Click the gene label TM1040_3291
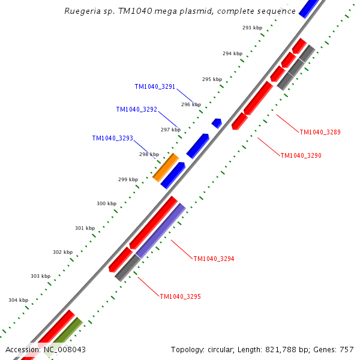point(155,86)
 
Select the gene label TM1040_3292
point(136,109)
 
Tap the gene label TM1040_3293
point(112,138)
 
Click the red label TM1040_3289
point(320,132)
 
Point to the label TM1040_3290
point(301,155)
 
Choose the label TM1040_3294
point(214,259)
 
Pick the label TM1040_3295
point(180,296)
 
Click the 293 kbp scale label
point(252,28)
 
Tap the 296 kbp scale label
point(191,104)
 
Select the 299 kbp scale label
point(128,179)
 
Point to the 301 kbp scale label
point(85,228)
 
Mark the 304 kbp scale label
point(18,300)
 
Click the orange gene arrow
point(165,167)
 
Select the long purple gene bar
point(160,231)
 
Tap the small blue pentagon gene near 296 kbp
point(217,123)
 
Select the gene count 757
point(347,350)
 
